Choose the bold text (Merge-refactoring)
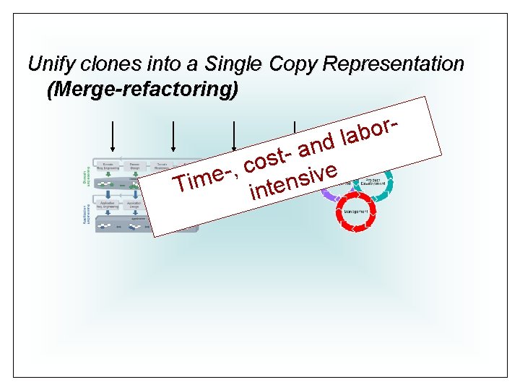[x=142, y=90]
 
